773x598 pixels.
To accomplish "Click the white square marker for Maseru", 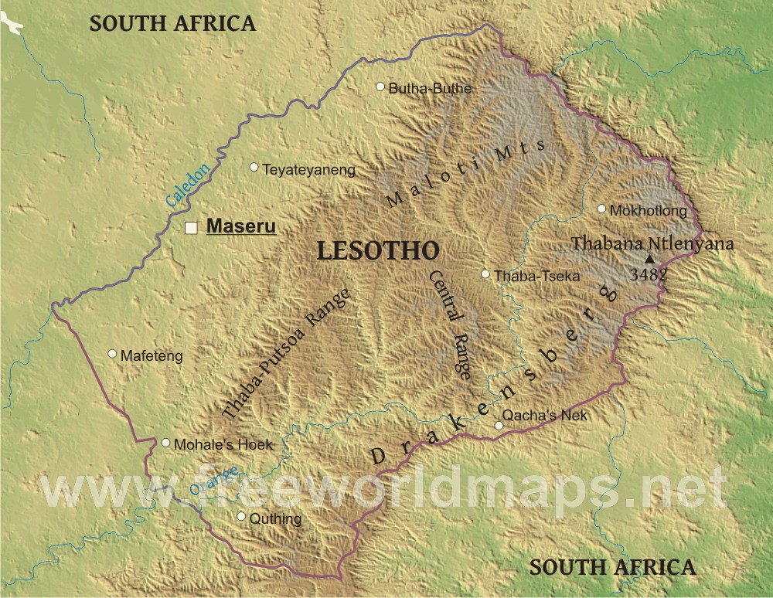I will (191, 228).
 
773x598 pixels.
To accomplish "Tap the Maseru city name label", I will (241, 228).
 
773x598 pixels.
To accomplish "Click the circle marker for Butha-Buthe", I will (380, 87).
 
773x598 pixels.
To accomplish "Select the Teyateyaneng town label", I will (308, 170).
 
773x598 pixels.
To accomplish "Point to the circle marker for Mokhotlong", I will (601, 209).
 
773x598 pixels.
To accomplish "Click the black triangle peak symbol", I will (649, 260).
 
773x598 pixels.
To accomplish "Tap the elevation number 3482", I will (648, 274).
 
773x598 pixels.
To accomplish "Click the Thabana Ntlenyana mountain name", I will (652, 243).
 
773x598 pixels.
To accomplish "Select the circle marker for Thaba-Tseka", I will (485, 274).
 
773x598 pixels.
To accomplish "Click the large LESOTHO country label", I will (378, 251).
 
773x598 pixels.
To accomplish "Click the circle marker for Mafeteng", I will (112, 353).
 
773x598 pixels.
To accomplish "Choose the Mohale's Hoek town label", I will (223, 445).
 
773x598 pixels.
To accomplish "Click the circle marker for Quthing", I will (241, 516).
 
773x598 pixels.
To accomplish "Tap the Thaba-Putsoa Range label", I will (286, 355).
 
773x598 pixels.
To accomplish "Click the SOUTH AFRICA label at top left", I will (172, 23).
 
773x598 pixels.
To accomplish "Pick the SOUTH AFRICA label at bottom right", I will (611, 567).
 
